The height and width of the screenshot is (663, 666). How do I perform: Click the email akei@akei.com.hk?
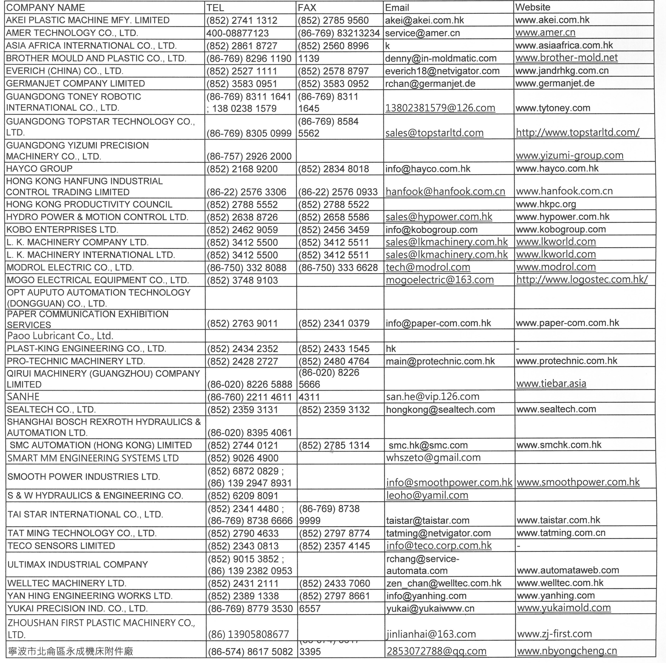pos(424,20)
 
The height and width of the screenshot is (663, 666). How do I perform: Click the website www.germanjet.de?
pos(555,83)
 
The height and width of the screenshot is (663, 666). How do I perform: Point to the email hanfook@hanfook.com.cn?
pos(445,192)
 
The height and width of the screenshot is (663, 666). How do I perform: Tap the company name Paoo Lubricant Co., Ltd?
pos(60,336)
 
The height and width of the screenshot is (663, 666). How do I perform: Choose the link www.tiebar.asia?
pos(551,384)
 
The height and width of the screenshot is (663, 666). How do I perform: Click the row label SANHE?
pos(23,397)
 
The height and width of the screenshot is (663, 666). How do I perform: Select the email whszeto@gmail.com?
pos(433,458)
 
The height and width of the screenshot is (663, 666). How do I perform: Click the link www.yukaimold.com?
pos(564,608)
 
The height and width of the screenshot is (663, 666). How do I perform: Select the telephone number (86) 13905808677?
pos(248,634)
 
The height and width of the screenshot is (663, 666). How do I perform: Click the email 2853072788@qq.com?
pos(436,651)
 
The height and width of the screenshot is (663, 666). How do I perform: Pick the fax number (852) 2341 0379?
pos(334,323)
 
